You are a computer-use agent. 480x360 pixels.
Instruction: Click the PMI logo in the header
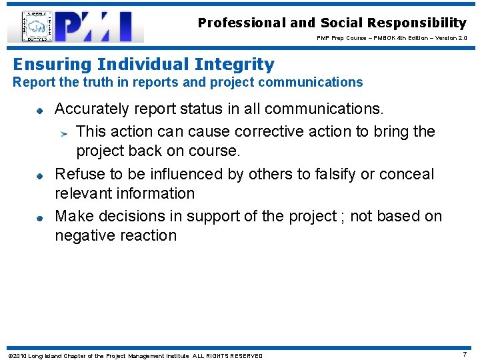(x=100, y=27)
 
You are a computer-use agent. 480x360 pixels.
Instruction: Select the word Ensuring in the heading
(x=53, y=65)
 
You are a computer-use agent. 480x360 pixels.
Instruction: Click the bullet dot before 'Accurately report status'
(x=39, y=110)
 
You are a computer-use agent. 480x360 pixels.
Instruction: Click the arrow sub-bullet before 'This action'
(x=63, y=132)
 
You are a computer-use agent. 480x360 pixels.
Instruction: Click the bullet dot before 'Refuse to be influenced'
(x=39, y=175)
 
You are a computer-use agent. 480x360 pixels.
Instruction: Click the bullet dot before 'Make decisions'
(x=39, y=217)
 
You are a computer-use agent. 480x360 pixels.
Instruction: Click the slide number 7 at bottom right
(x=465, y=355)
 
